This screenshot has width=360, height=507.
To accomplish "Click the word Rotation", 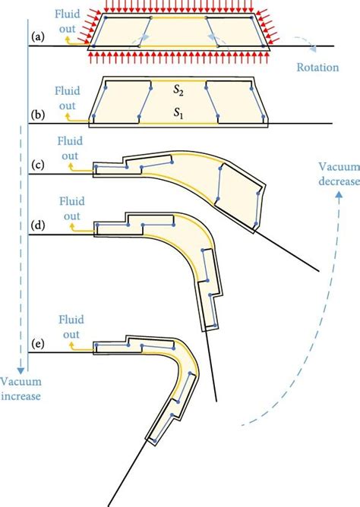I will [x=319, y=67].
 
